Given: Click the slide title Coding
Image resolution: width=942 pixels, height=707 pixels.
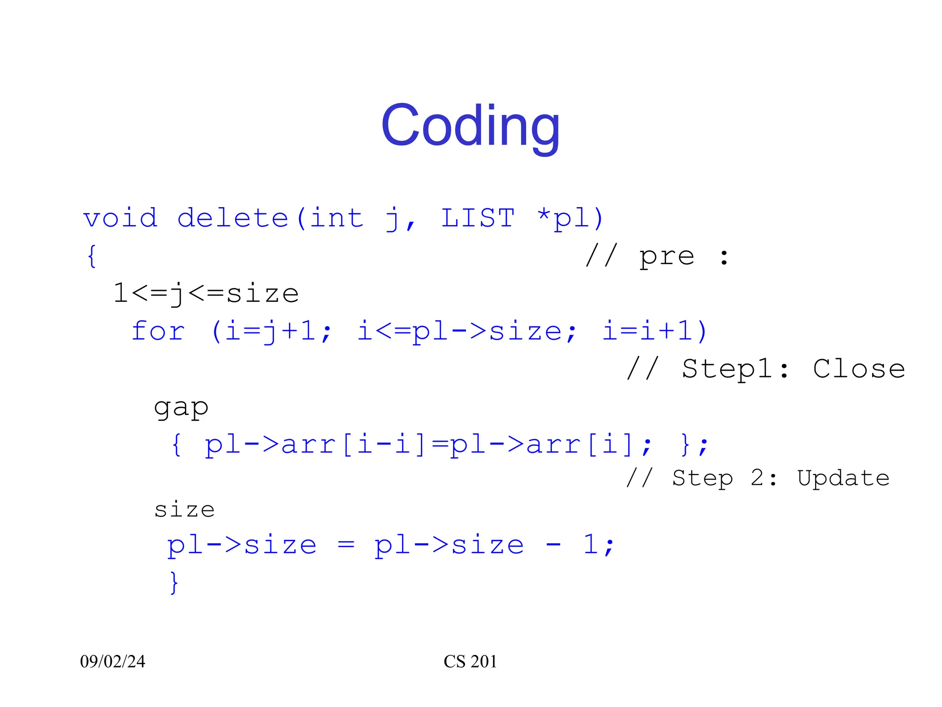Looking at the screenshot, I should (471, 126).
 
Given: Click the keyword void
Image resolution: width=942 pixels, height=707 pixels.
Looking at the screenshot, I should (121, 218).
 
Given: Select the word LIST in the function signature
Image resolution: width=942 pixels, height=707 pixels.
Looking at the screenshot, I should (478, 218).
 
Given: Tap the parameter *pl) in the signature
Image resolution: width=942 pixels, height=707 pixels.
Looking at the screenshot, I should (570, 218).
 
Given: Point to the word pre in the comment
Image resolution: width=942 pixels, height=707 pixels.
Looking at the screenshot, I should (666, 256).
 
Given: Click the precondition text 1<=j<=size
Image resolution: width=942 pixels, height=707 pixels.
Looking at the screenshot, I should (206, 294).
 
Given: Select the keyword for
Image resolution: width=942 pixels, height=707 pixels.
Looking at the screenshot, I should (158, 331).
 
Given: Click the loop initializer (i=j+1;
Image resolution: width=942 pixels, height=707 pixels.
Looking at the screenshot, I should (271, 331).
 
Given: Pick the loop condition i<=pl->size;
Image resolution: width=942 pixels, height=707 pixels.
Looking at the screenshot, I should (467, 331).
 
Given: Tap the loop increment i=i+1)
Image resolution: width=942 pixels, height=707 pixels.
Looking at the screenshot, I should (655, 331).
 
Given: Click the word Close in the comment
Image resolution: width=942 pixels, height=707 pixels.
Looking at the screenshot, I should (859, 369).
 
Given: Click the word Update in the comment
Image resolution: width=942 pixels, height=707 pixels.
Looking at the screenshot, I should (843, 479).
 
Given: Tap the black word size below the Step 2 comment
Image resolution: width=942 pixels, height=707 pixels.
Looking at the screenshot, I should (184, 510).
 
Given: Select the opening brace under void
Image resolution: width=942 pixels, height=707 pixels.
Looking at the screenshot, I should (92, 256).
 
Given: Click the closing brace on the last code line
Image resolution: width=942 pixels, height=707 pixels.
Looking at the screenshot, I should (173, 583).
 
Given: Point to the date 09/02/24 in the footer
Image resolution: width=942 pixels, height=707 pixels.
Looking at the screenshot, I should (113, 661).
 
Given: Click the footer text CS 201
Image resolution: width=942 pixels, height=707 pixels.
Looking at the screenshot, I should (470, 661).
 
